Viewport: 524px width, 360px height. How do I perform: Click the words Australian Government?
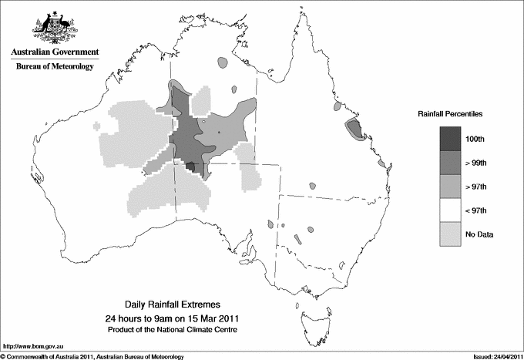click(54, 52)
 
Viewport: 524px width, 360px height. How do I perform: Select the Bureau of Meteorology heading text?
click(54, 67)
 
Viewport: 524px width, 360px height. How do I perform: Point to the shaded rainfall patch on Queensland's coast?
click(354, 129)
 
